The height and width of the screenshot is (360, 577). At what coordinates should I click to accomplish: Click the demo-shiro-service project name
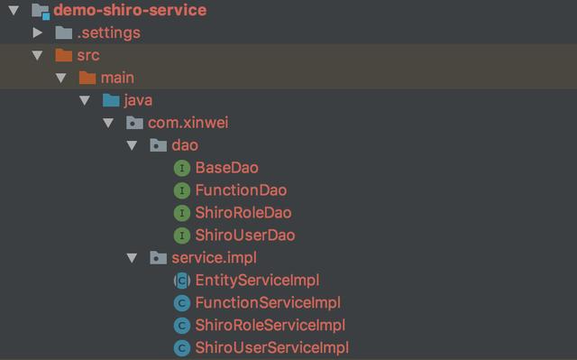130,11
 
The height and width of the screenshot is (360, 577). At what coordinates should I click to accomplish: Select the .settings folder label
108,33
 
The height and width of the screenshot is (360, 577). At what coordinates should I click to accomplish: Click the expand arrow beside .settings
38,33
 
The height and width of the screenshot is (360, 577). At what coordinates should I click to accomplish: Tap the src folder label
88,56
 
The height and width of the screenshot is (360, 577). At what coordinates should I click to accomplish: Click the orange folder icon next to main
87,78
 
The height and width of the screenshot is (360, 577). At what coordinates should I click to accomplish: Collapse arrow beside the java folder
85,100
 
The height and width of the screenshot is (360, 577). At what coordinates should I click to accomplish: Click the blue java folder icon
111,100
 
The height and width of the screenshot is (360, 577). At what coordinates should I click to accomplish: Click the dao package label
185,145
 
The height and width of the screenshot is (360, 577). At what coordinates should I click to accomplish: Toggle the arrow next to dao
132,145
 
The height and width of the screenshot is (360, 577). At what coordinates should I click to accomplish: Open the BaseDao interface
227,168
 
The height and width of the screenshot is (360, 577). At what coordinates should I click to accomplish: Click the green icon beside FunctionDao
181,190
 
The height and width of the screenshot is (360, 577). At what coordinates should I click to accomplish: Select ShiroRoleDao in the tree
243,213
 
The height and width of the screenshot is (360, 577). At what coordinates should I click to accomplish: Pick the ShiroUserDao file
245,235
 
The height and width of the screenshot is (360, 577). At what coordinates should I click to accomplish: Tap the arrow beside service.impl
132,258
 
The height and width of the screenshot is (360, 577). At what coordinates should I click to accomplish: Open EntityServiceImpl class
257,281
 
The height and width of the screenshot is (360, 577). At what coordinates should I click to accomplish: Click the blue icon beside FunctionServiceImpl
181,303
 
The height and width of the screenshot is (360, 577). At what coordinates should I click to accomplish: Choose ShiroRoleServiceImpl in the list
270,325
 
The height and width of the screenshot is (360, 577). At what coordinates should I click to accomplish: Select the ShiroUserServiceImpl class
271,347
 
